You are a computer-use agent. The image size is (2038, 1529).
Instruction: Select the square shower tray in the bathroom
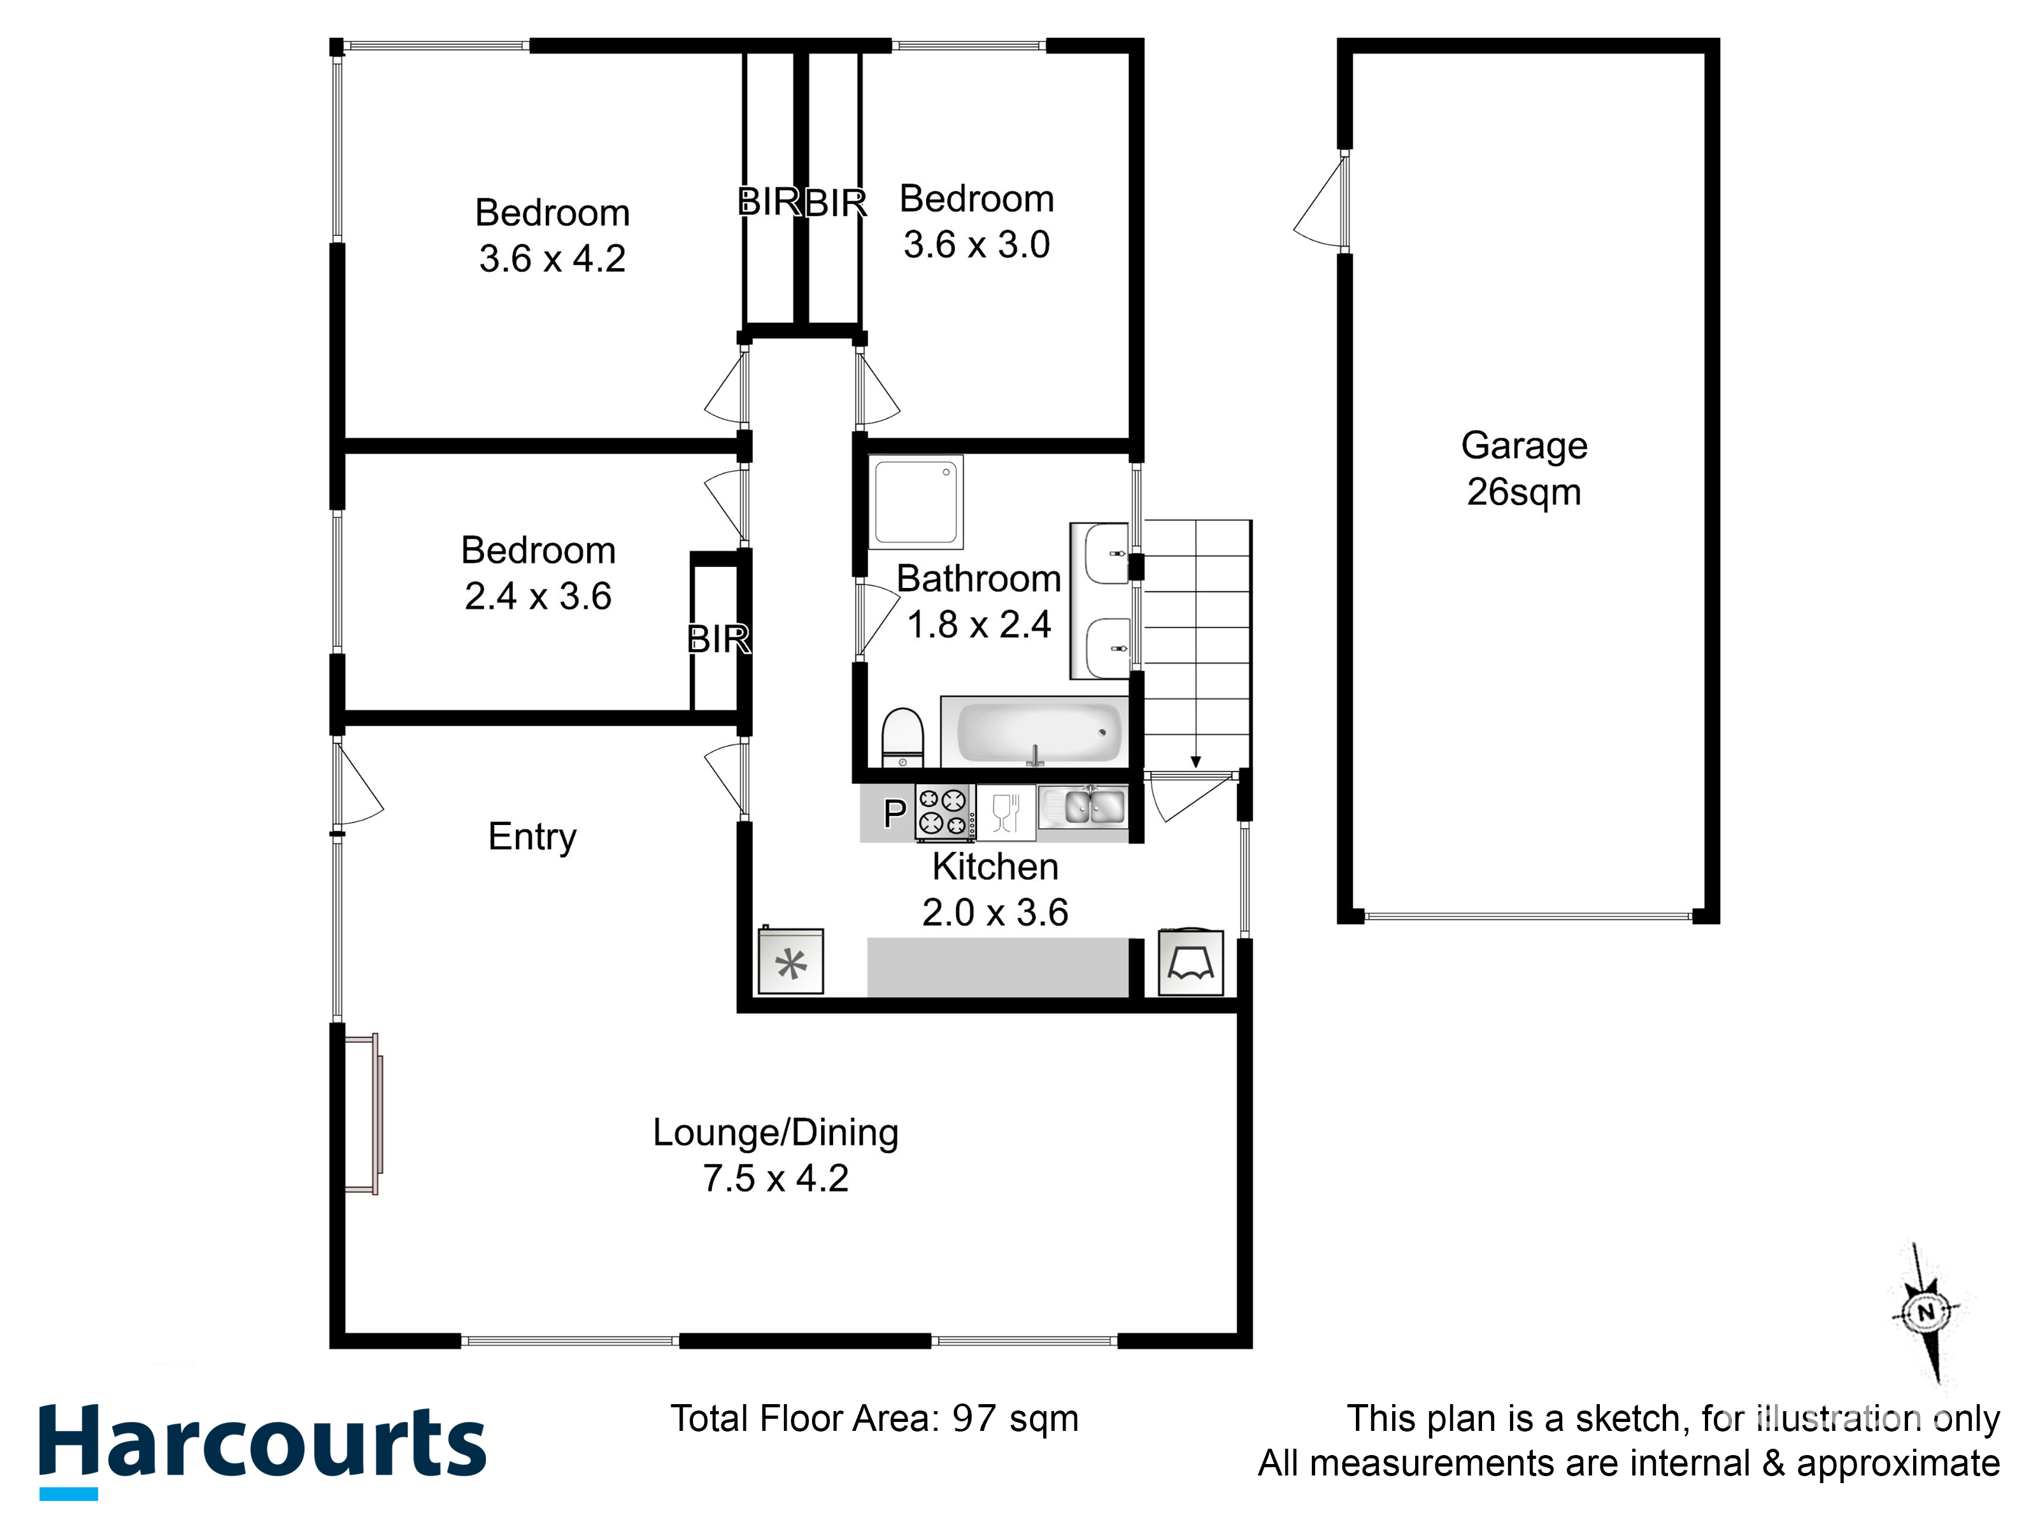tap(916, 501)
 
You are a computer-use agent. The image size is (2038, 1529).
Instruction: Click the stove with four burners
tap(944, 813)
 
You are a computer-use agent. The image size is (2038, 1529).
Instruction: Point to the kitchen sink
tap(1083, 808)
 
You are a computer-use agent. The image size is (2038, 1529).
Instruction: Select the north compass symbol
tap(1927, 1312)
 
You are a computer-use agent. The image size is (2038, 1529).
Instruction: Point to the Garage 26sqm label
tap(1524, 469)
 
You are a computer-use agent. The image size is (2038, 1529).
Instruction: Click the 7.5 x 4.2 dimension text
tap(776, 1179)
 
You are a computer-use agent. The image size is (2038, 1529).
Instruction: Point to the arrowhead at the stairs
tap(1196, 762)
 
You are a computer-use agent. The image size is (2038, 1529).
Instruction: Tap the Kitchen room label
tap(995, 867)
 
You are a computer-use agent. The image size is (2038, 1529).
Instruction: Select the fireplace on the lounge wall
tap(362, 1114)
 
